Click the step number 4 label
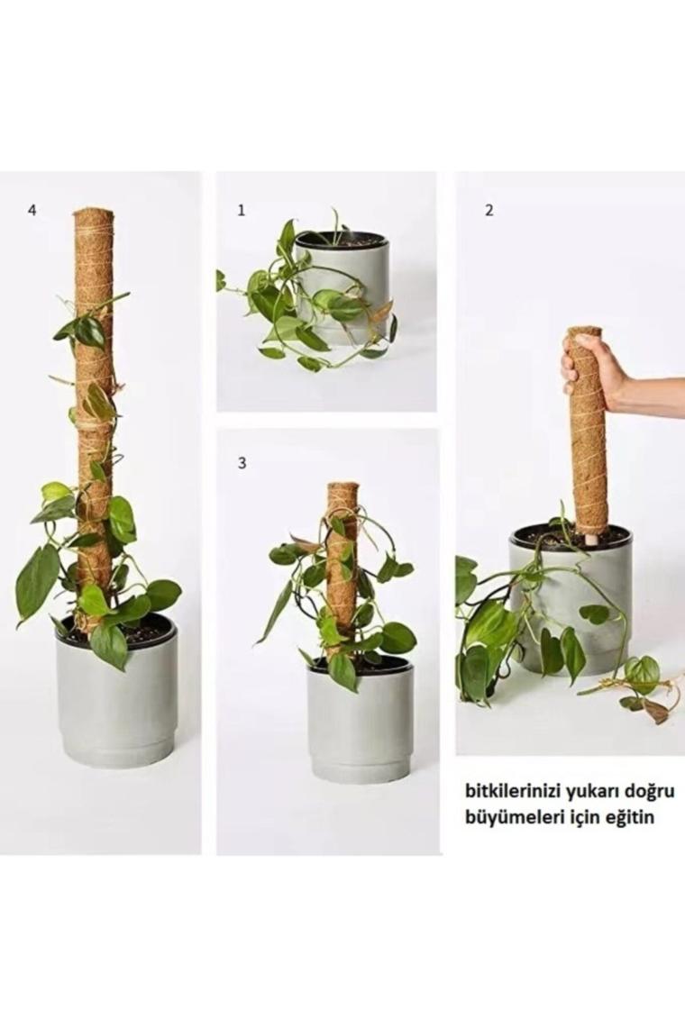(x=32, y=210)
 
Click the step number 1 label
(x=242, y=210)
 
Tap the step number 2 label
(x=489, y=210)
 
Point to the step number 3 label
(x=242, y=463)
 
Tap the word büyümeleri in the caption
(x=504, y=817)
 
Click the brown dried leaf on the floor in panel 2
(x=655, y=712)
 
